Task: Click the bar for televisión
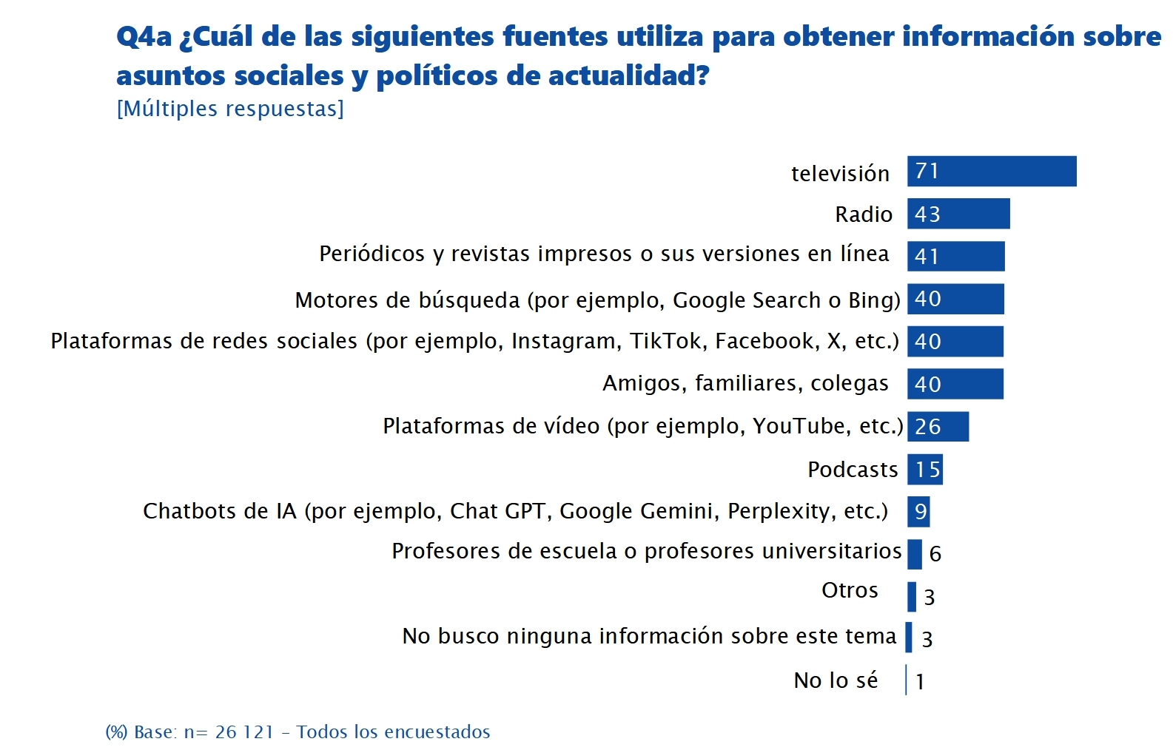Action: (992, 172)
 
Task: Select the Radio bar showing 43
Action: (958, 214)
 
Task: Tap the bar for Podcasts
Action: (925, 470)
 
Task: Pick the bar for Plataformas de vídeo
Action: (938, 427)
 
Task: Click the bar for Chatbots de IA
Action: (918, 512)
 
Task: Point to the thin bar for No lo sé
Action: (906, 680)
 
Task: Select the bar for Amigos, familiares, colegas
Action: (955, 384)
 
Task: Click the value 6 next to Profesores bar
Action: (935, 554)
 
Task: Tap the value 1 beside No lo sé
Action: (920, 682)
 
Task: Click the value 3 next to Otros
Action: (930, 597)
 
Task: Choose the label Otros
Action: (850, 590)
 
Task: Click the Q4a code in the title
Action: (144, 37)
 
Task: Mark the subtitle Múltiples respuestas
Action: (230, 109)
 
